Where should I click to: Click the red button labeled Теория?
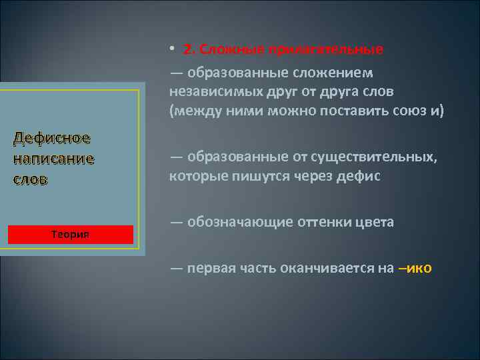tap(70, 235)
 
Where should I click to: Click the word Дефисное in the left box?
tap(52, 139)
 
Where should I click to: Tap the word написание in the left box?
tap(53, 159)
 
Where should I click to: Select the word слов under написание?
tap(31, 180)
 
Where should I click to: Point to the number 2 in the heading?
tap(187, 50)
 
